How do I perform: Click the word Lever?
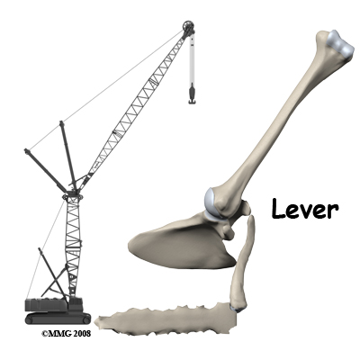(305, 209)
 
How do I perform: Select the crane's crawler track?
(58, 319)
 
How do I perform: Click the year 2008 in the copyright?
(80, 334)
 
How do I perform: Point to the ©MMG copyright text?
(55, 334)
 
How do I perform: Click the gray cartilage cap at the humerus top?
(340, 44)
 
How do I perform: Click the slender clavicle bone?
(242, 264)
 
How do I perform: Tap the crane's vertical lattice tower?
(73, 246)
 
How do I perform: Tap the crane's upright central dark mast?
(68, 156)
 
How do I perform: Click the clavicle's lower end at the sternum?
(238, 308)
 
